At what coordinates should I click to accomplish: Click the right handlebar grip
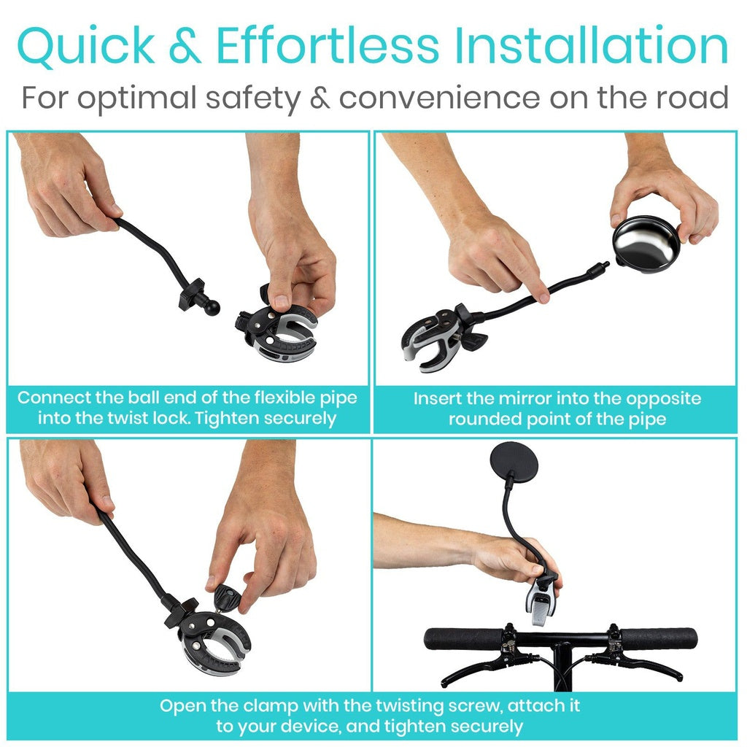(660, 638)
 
